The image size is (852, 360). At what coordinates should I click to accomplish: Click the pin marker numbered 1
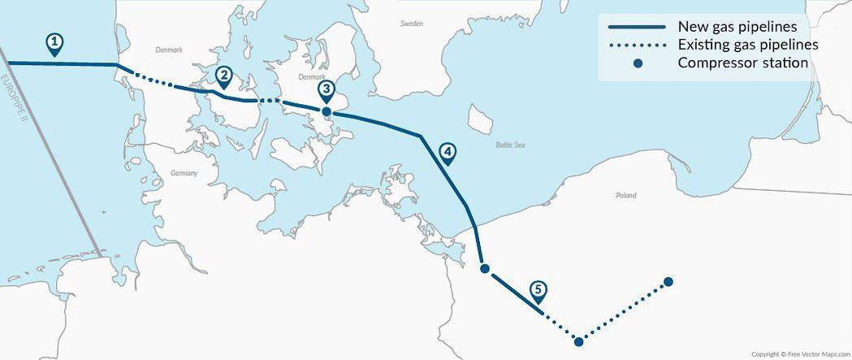pos(54,43)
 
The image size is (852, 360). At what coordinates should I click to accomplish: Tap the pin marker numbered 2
pos(223,76)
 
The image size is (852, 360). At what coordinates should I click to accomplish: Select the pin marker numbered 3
pos(326,89)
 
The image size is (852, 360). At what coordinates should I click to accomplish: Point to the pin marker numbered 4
pos(447,152)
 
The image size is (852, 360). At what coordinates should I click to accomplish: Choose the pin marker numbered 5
pos(538,290)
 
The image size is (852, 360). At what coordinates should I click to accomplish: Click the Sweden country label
pos(412,24)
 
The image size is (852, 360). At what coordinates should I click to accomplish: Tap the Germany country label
pos(184,173)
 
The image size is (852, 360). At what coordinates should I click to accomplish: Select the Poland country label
pos(626,195)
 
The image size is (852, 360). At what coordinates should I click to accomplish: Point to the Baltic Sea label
pos(510,145)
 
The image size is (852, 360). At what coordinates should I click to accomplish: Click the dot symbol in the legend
pos(638,63)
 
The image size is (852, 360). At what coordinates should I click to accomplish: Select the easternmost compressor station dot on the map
pos(668,282)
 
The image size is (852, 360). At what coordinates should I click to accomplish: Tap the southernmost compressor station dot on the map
pos(578,341)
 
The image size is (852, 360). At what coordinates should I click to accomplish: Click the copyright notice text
pos(799,354)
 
